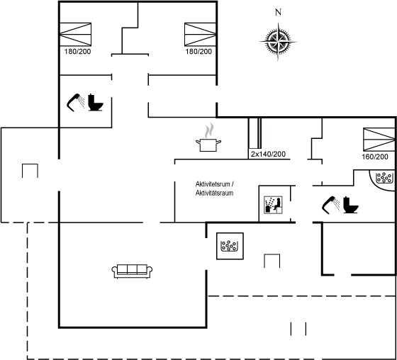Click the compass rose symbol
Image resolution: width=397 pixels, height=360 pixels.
[278, 41]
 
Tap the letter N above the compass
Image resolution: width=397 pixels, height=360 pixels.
[278, 12]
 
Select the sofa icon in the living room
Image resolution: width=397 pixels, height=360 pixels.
[132, 271]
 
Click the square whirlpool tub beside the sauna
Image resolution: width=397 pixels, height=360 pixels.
[230, 246]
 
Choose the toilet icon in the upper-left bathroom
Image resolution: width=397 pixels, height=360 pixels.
[96, 102]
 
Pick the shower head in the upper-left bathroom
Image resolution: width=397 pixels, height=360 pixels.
[76, 102]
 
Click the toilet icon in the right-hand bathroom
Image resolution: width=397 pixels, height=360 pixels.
[351, 205]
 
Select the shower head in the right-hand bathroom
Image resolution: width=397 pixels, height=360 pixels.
[331, 205]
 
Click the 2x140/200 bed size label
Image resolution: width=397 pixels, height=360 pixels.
[268, 154]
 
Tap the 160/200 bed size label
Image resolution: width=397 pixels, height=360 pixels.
[375, 157]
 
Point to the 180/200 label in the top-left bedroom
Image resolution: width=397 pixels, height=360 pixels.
[77, 52]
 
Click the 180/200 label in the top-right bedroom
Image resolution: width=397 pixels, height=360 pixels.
[198, 52]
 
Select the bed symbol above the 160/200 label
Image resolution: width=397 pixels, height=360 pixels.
[379, 140]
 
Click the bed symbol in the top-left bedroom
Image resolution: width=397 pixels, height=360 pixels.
[75, 34]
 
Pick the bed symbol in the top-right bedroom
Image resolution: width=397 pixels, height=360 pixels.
[200, 34]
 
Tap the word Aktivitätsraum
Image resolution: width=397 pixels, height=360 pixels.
[214, 193]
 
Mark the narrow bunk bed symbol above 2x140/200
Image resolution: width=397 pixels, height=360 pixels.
[255, 133]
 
